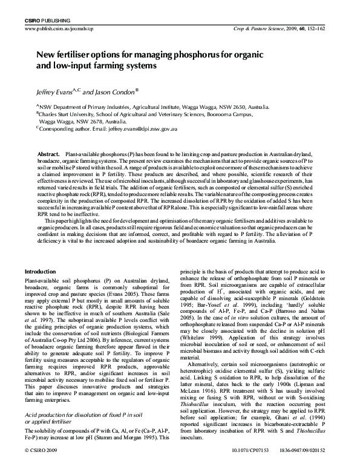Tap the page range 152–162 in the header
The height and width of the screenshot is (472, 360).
(326, 28)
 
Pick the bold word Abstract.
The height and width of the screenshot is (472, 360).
(48, 155)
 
